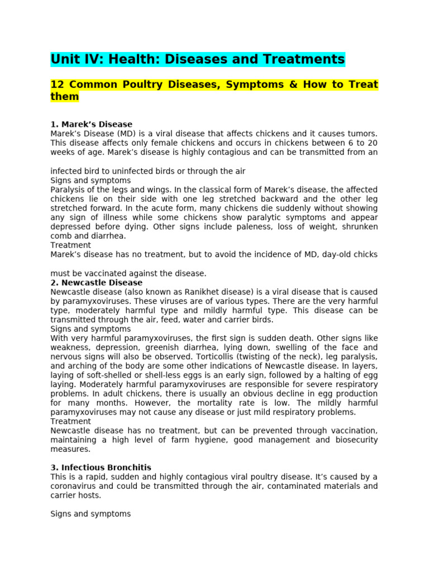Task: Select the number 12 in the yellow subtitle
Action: click(x=56, y=85)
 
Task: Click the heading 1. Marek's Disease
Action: click(x=91, y=124)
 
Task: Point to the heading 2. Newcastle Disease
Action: click(x=96, y=283)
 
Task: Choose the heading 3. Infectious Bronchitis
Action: click(x=101, y=468)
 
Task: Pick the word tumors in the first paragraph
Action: click(x=363, y=134)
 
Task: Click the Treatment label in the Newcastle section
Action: click(x=70, y=421)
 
